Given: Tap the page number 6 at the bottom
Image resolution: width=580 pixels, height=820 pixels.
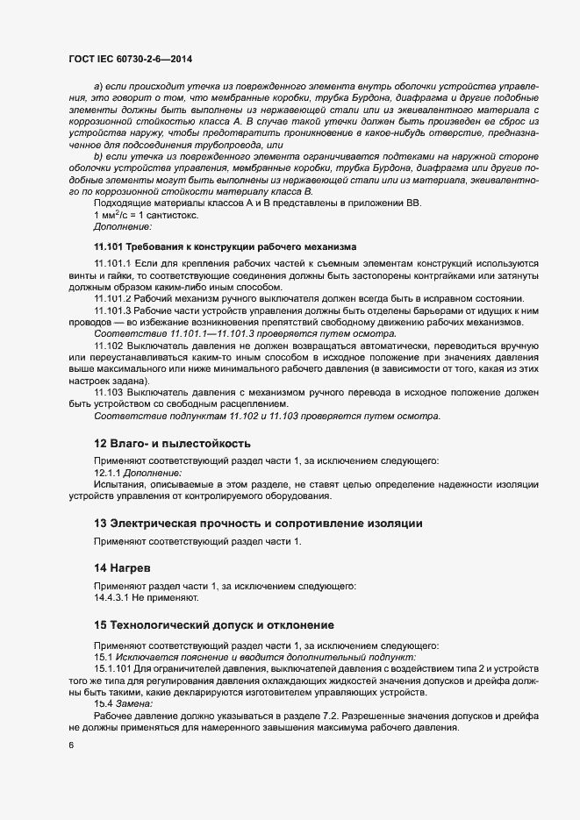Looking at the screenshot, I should coord(70,745).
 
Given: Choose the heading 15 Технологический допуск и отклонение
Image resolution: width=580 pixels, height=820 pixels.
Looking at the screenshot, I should coord(213,625).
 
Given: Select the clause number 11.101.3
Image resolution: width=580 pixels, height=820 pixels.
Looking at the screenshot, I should coord(111,311).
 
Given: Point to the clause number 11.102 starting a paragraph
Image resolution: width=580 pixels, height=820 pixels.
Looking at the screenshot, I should coord(108,346).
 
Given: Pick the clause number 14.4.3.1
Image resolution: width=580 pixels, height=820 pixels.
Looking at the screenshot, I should coord(112,599).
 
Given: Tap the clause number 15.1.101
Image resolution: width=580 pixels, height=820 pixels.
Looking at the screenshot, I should coord(111,668).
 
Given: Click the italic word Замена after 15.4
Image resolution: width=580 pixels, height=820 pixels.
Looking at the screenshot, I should coord(135,703).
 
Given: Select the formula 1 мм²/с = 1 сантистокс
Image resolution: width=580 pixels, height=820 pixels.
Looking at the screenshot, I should coord(146,215).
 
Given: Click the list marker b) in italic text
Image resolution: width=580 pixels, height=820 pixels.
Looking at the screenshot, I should coord(98,155).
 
